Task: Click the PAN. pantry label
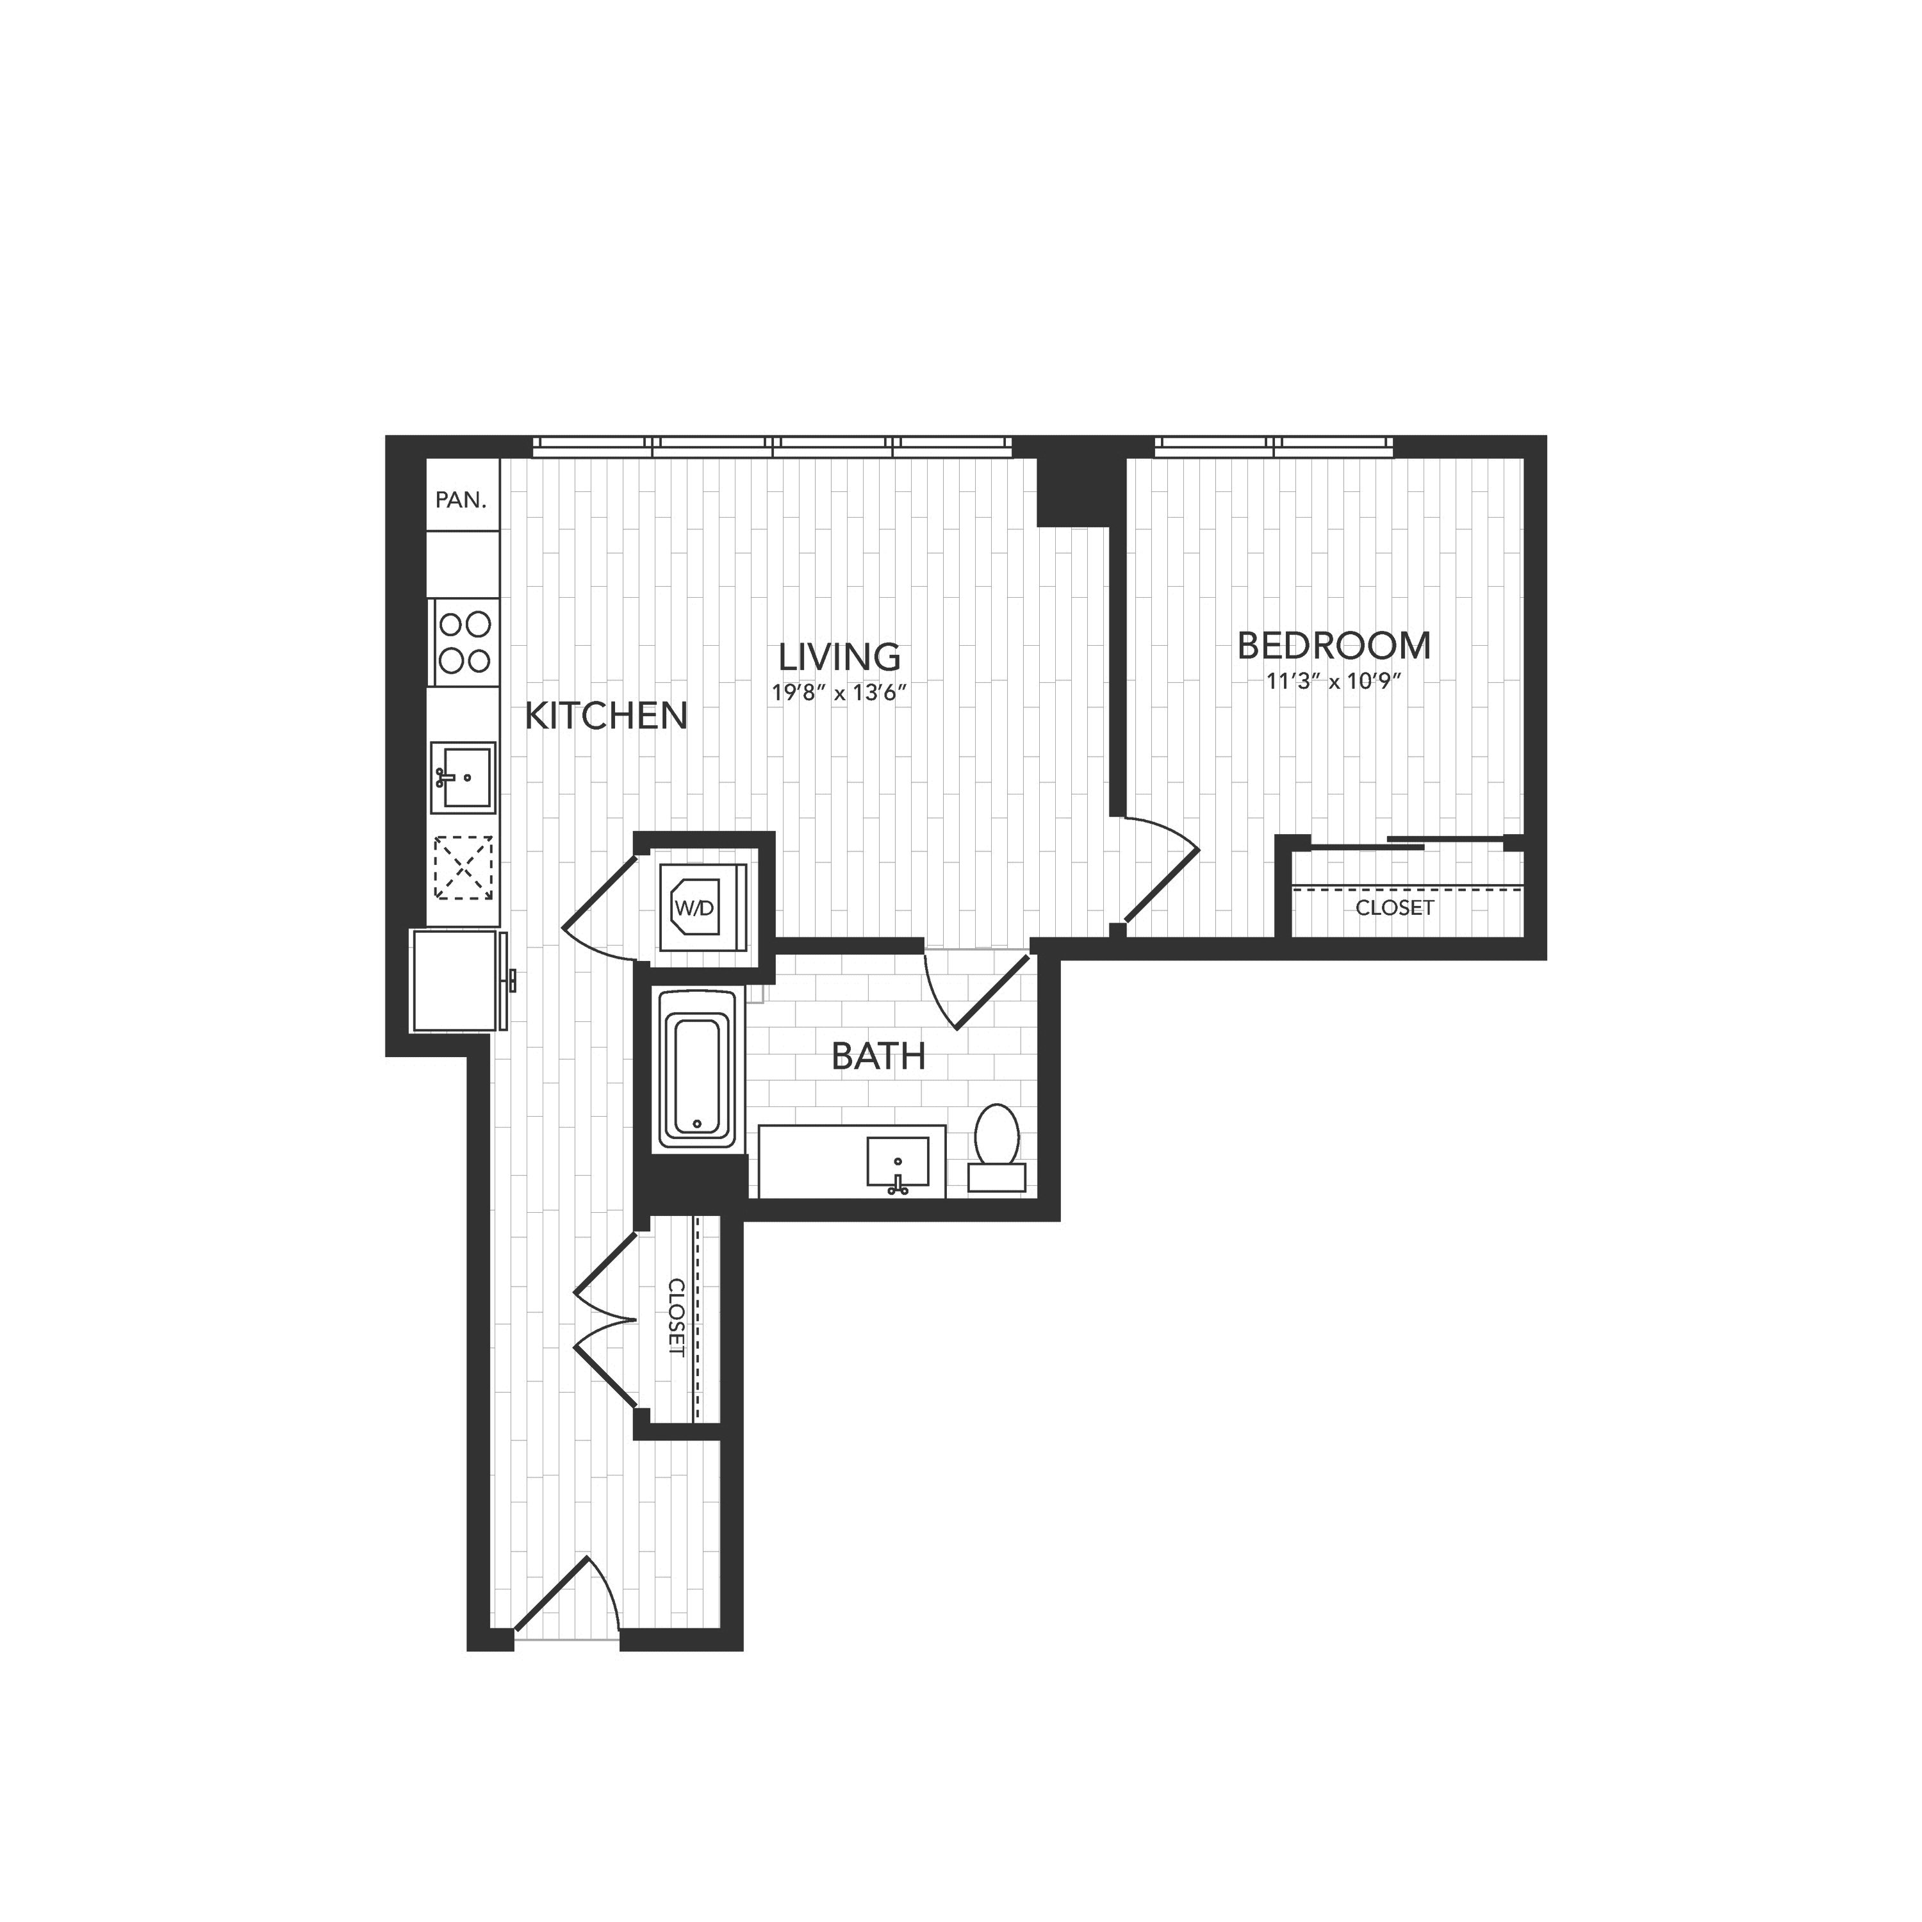click(461, 500)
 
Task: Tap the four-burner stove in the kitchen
click(464, 642)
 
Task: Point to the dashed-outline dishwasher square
click(464, 867)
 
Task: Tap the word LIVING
click(840, 657)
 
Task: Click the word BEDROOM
click(1334, 646)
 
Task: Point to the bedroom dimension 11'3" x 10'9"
click(1334, 682)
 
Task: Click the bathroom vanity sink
click(898, 1164)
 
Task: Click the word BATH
click(878, 1056)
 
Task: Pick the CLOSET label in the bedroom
click(1395, 907)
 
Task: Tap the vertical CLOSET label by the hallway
click(677, 1318)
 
